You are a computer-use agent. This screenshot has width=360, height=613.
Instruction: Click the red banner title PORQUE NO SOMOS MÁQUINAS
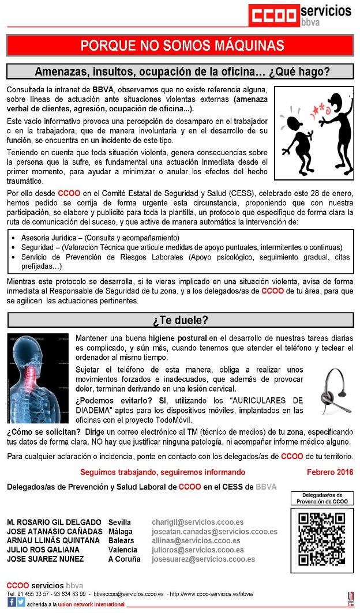(182, 45)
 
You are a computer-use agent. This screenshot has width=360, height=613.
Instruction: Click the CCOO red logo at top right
(273, 14)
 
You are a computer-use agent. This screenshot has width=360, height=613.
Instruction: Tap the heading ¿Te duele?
(180, 320)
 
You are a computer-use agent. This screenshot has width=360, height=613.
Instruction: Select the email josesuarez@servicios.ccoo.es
(203, 559)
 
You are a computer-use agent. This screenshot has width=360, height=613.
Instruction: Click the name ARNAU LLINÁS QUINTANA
(54, 541)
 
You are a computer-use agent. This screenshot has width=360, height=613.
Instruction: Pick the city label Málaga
(121, 532)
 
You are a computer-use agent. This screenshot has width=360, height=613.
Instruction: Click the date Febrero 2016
(329, 472)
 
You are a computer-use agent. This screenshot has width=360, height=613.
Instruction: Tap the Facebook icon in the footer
(12, 603)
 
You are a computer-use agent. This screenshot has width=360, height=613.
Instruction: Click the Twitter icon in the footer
(21, 603)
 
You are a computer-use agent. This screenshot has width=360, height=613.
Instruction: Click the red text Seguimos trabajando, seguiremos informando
(163, 472)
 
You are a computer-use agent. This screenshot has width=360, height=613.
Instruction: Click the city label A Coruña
(124, 559)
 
